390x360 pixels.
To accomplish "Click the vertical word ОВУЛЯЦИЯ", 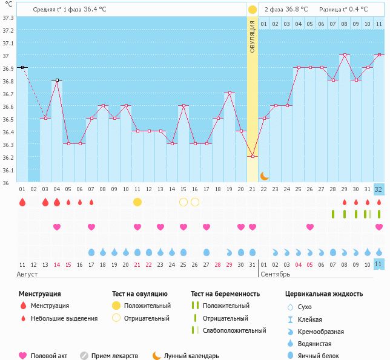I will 253,36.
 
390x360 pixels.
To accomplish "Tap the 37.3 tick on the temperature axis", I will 8,18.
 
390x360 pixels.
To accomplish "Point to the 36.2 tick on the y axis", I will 8,157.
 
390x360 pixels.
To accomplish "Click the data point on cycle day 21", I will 253,156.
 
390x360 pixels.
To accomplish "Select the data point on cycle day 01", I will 22,68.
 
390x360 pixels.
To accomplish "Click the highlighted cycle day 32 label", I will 378,189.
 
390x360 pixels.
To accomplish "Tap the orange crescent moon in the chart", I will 265,176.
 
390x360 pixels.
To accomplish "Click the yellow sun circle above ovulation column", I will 253,10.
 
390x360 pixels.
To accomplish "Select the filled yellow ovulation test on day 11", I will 137,202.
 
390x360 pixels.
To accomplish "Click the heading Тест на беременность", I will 225,294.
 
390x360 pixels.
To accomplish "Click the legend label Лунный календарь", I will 191,356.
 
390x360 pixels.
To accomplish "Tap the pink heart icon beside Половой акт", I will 23,356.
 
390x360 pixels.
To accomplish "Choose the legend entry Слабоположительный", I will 234,330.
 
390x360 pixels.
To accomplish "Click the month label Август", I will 28,274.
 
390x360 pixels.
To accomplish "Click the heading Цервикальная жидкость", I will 324,294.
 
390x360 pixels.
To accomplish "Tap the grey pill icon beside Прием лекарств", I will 84,356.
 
